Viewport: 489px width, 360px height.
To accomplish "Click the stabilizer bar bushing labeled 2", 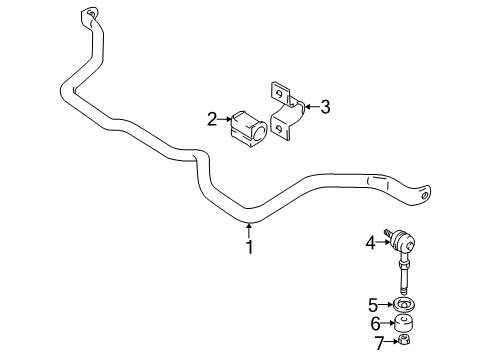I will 247,123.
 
